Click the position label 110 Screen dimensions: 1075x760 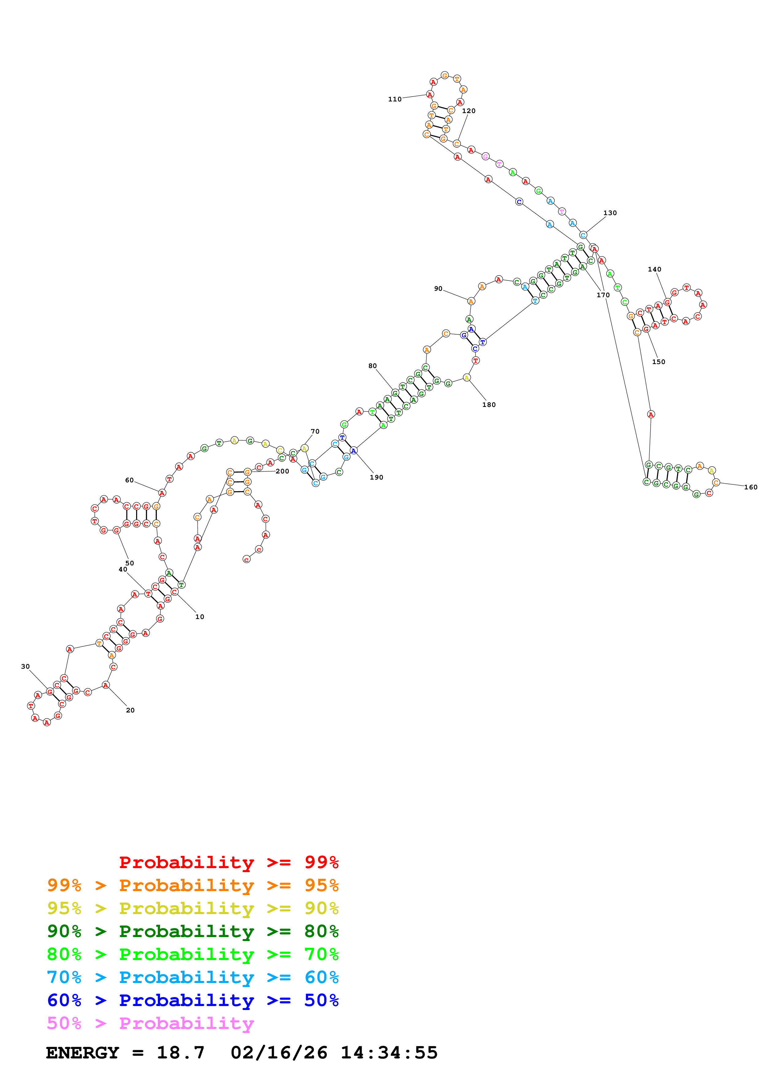394,99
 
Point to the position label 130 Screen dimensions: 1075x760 610,213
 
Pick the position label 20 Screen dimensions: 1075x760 130,710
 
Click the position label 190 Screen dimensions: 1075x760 376,477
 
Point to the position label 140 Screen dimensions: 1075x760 654,269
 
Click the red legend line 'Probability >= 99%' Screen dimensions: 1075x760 228,862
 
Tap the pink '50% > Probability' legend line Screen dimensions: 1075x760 150,1023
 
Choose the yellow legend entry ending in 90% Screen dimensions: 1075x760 193,908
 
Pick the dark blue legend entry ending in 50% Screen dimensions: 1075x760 193,1000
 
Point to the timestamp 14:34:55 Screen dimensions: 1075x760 389,1053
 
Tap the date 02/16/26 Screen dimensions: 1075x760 279,1053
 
